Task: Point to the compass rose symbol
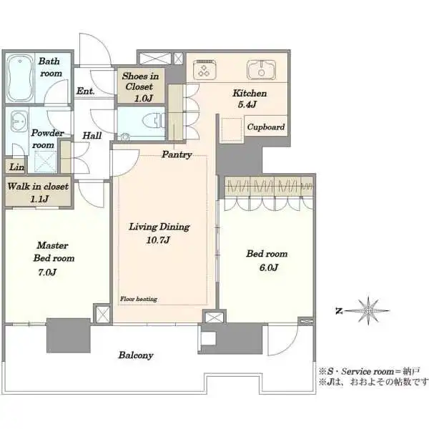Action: (368, 310)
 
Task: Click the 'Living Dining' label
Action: (159, 227)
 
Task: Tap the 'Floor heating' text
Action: (138, 299)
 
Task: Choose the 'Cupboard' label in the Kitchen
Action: (266, 127)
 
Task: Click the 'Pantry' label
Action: (176, 154)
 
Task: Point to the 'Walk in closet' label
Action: (38, 187)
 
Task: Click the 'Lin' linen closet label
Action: (15, 167)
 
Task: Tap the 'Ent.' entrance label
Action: (85, 91)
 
